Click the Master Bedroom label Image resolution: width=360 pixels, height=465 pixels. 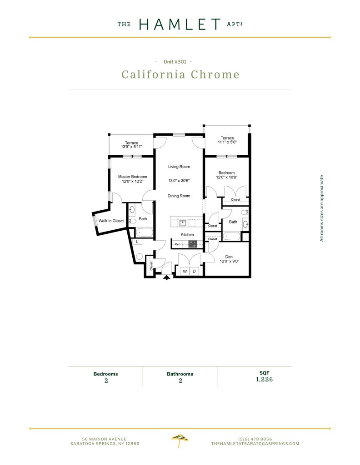click(x=132, y=177)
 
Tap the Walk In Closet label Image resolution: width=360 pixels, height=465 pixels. click(x=111, y=221)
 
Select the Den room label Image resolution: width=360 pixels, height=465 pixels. click(x=229, y=257)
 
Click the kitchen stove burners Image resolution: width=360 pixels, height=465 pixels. click(x=192, y=244)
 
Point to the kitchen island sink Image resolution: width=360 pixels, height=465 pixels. click(x=183, y=223)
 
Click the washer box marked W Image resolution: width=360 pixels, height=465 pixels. click(x=185, y=271)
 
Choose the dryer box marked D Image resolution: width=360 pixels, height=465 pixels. click(x=194, y=271)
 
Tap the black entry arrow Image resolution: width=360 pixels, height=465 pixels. click(x=166, y=277)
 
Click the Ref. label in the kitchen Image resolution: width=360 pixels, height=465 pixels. click(x=178, y=244)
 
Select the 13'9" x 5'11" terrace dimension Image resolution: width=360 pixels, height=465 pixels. click(x=132, y=147)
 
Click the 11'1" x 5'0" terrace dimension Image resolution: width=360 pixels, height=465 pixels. click(x=227, y=142)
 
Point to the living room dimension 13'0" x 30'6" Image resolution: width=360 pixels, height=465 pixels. click(x=179, y=181)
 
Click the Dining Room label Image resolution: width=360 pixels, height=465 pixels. click(x=179, y=196)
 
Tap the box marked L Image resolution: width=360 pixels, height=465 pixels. click(x=136, y=241)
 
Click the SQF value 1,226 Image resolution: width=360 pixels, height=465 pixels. click(x=264, y=379)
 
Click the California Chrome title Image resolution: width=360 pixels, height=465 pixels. click(x=180, y=74)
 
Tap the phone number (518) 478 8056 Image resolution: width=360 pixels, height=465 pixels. click(x=255, y=439)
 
